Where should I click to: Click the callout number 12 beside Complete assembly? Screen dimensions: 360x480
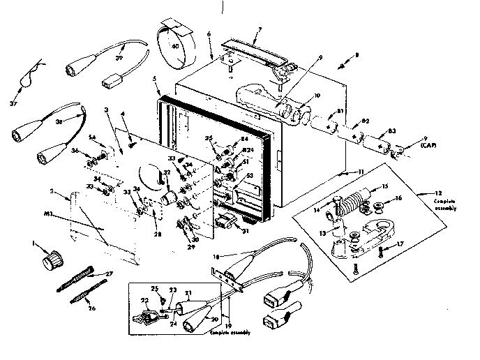437,192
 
